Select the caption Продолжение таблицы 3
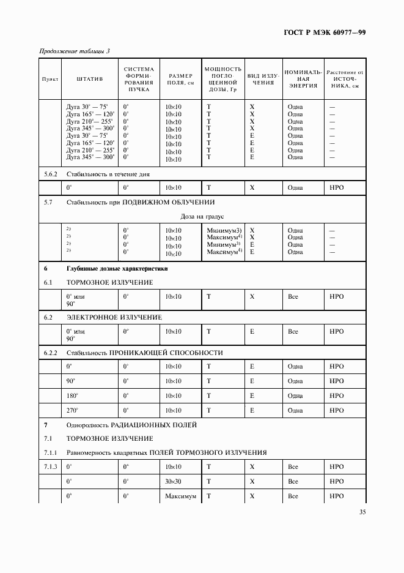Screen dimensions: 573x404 tap(75, 51)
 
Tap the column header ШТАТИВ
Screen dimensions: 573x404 tap(90, 80)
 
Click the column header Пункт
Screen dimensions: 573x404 tap(50, 80)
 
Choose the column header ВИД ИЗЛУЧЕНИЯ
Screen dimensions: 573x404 tap(262, 80)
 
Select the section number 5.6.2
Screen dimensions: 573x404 tap(51, 174)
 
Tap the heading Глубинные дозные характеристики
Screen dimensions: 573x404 tap(117, 268)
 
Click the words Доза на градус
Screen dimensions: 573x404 tap(202, 216)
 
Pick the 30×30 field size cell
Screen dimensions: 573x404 tap(174, 482)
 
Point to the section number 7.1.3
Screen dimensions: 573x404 tap(51, 466)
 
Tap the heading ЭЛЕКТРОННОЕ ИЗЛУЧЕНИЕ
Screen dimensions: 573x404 tap(114, 317)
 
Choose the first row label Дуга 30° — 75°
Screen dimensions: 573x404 tap(90, 107)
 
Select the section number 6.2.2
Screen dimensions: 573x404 tap(51, 353)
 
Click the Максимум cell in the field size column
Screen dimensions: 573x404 tap(180, 496)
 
